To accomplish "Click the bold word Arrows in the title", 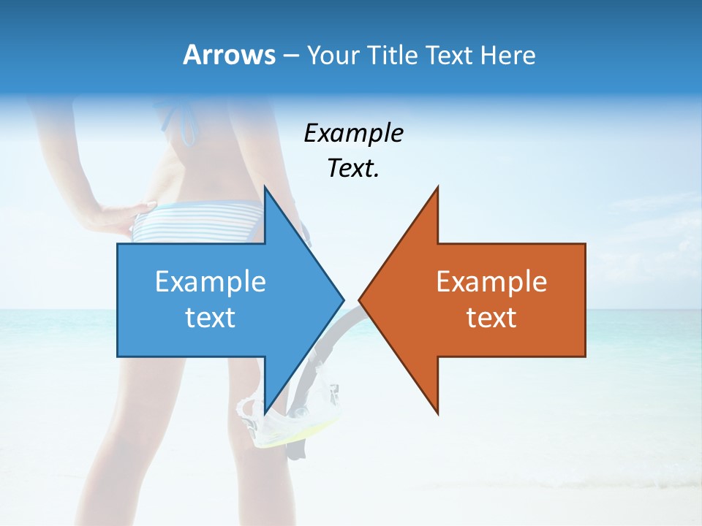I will [x=229, y=55].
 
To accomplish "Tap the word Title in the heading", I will [x=393, y=55].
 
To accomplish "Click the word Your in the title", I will [x=333, y=56].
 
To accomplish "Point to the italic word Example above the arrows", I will [x=353, y=133].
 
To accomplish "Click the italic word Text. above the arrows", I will [x=353, y=168].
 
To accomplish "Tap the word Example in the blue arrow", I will [x=210, y=281].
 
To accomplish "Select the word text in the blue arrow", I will [x=210, y=317].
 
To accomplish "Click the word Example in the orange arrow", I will [x=491, y=281].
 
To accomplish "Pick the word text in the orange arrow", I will [x=491, y=317].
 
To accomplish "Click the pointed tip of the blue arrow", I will [x=341, y=300].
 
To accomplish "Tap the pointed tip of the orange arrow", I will [x=361, y=300].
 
